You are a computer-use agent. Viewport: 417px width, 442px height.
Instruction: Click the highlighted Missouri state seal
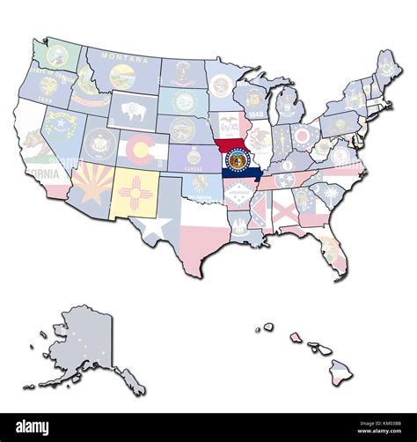point(238,159)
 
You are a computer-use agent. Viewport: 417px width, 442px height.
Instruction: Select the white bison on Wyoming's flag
point(134,111)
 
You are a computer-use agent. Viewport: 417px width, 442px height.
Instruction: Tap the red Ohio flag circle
point(304,136)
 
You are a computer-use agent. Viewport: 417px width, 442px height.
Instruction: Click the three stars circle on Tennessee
point(284,180)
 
